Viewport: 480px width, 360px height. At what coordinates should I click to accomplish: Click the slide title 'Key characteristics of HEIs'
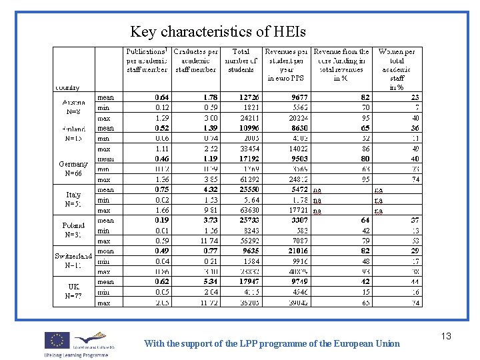pos(218,31)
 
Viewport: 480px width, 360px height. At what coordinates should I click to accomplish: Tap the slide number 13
pos(445,336)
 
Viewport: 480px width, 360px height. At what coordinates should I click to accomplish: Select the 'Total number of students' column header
pos(240,60)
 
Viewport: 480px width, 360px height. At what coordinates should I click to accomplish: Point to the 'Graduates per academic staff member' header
pos(195,60)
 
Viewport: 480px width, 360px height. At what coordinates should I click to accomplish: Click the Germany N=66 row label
pos(73,169)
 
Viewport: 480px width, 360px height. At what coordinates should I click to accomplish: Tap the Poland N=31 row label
pos(73,230)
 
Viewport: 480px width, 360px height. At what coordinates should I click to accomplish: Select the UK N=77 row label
pos(73,291)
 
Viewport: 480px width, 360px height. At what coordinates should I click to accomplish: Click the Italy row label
pos(73,199)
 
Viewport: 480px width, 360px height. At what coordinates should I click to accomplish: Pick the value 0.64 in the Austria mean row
pos(162,97)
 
